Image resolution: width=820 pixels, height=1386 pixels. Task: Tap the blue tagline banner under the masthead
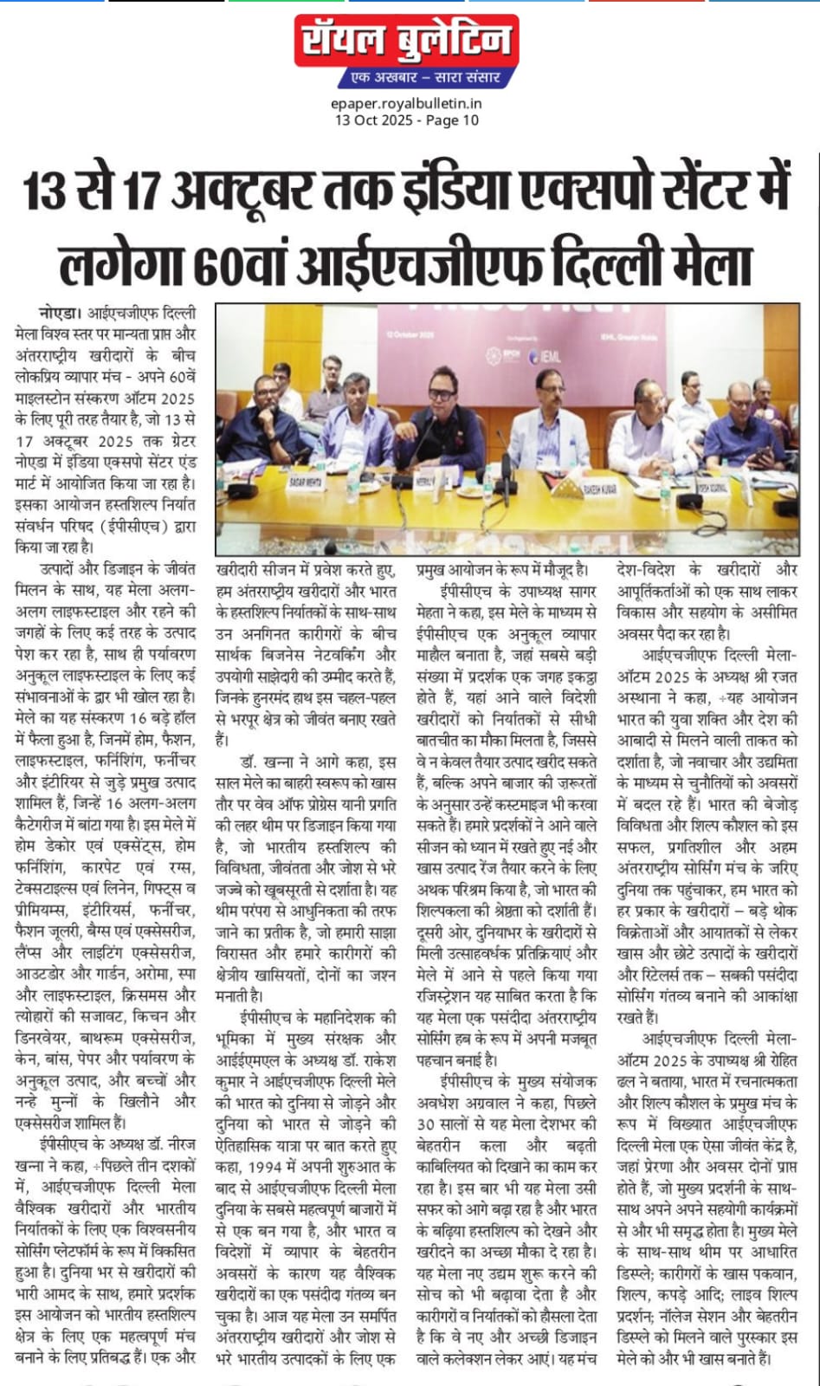tap(421, 78)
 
